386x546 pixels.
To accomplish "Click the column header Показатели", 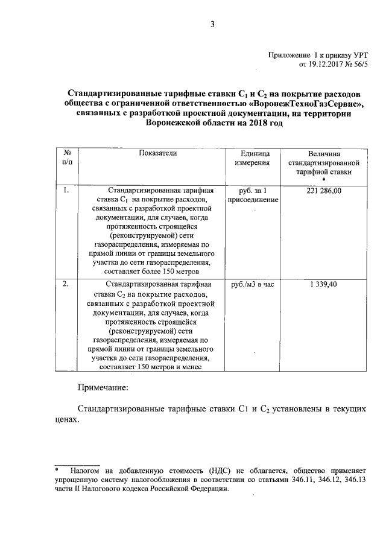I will [x=158, y=154].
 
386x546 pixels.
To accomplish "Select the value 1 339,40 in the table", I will [x=324, y=284].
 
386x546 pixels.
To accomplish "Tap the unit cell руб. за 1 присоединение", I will [x=252, y=195].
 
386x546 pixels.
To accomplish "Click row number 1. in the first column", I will [x=66, y=191].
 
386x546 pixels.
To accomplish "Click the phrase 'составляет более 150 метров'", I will [x=157, y=272].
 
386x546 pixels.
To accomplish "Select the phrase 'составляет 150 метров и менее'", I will [x=157, y=366].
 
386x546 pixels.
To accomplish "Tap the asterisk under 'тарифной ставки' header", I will [x=324, y=180].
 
